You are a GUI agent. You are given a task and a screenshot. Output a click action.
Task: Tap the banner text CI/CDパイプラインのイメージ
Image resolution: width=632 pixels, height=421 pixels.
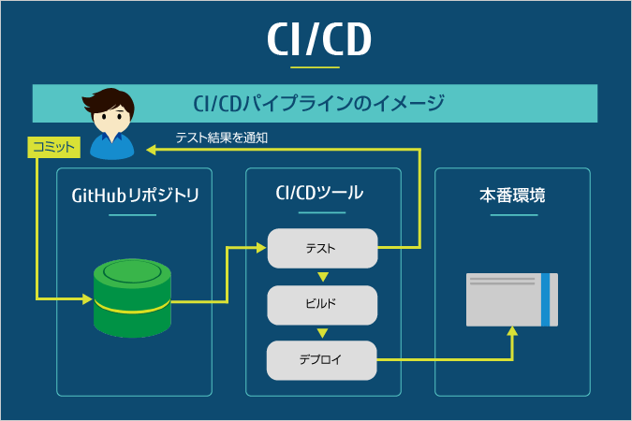click(317, 102)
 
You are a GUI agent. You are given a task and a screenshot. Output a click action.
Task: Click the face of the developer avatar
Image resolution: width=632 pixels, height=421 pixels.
click(111, 121)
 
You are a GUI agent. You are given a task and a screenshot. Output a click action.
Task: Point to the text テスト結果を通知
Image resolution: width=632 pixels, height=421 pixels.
click(222, 138)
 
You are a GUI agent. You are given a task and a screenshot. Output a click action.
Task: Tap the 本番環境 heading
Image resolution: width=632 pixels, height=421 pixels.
click(512, 196)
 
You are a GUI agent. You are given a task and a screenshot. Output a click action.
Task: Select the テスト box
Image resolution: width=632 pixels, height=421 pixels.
click(322, 248)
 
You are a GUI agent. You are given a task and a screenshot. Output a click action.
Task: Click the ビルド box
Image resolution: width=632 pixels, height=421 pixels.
click(322, 304)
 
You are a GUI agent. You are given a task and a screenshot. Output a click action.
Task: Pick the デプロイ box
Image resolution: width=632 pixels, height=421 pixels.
click(322, 360)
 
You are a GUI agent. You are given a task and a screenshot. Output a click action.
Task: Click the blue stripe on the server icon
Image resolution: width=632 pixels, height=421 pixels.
click(546, 299)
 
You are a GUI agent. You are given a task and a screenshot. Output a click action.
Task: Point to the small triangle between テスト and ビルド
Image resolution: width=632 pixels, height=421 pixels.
click(322, 277)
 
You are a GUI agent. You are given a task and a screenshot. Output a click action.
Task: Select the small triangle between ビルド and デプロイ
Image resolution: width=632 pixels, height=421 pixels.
click(322, 333)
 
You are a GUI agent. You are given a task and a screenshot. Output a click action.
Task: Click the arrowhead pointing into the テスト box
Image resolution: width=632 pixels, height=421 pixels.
click(262, 248)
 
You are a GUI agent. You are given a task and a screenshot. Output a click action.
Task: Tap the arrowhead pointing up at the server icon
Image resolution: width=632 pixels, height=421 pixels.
click(512, 331)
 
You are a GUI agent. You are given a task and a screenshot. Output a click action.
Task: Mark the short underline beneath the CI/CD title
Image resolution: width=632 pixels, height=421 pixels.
click(316, 67)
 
